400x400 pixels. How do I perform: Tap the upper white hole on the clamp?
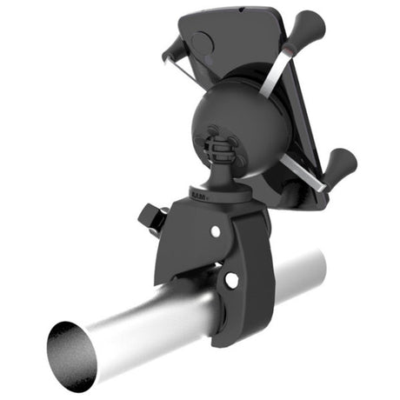pyautogui.click(x=216, y=230)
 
